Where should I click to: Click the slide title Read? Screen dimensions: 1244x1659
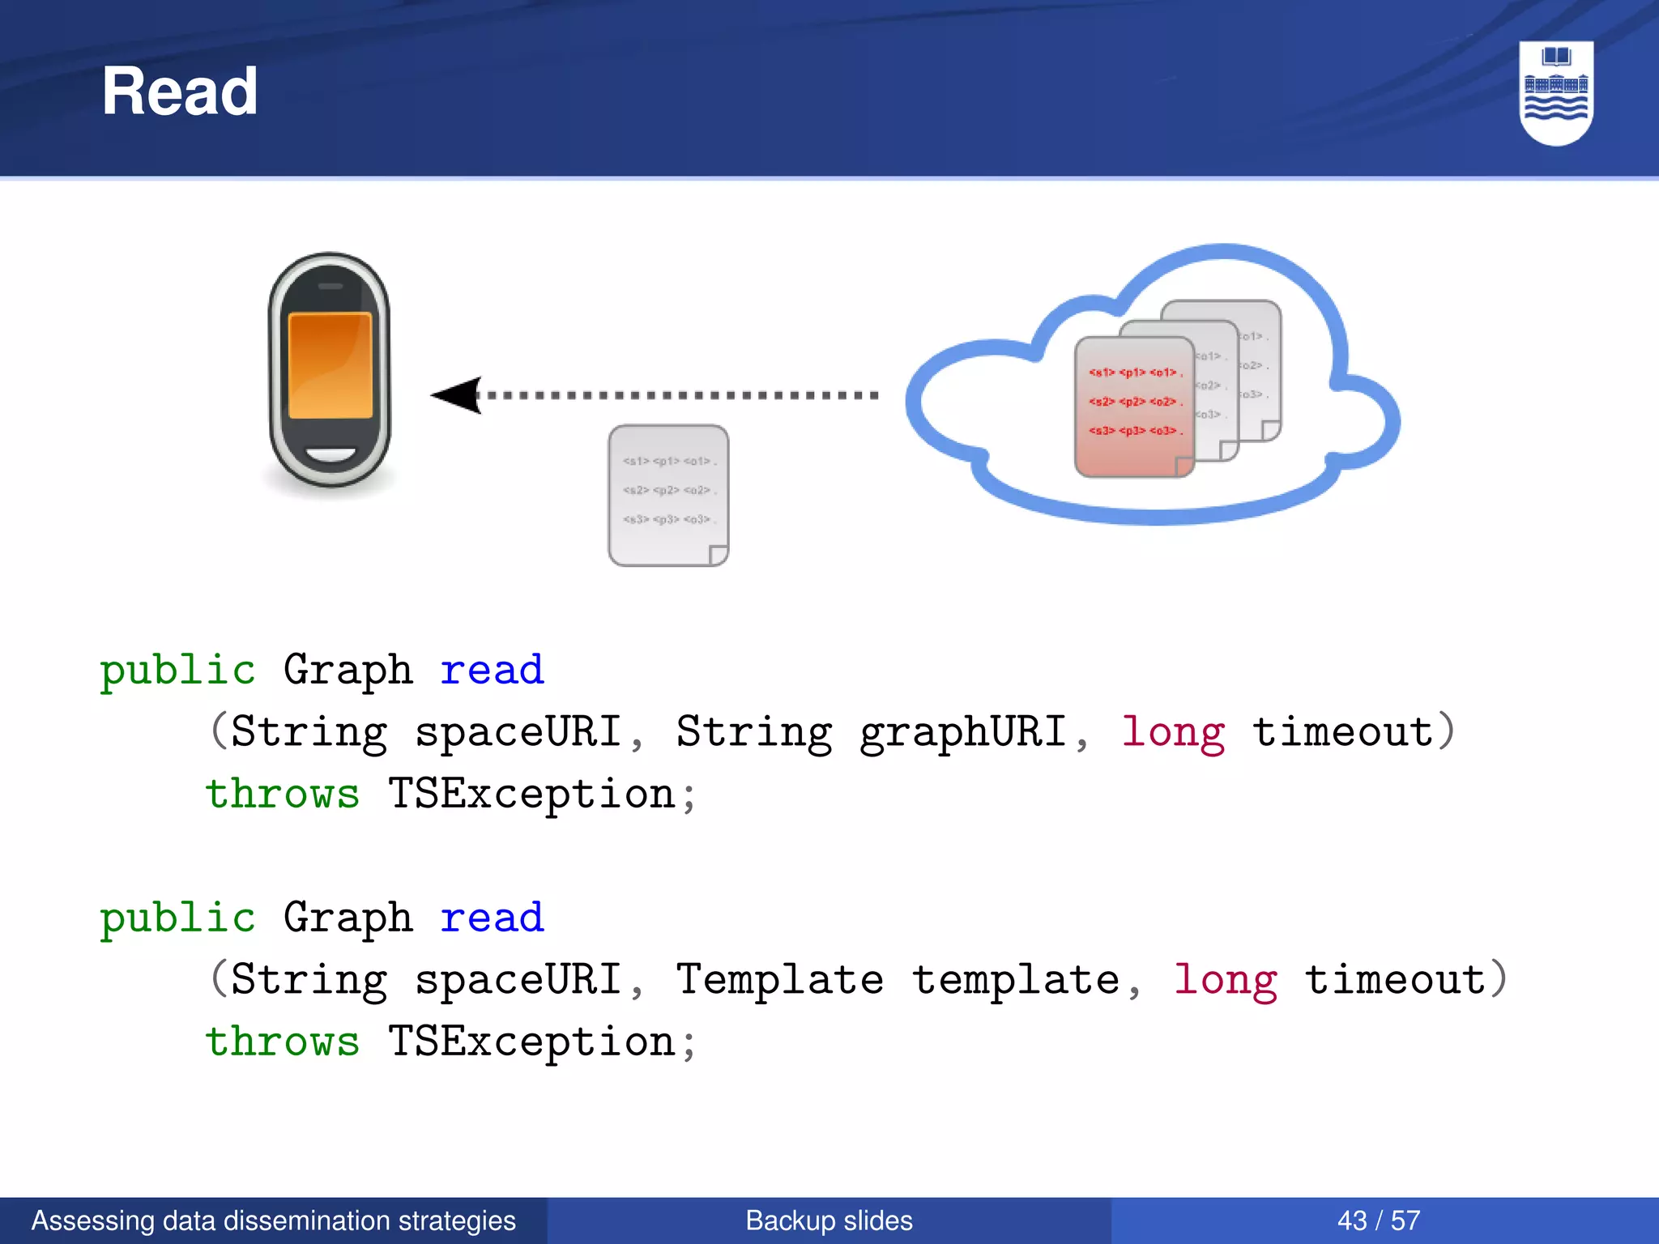coord(179,92)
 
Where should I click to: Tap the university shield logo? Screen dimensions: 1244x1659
coord(1555,92)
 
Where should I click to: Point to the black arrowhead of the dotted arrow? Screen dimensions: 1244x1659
coord(458,395)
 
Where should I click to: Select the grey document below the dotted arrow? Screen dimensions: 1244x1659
coord(668,495)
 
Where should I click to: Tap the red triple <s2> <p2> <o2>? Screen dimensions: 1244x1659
coord(1135,402)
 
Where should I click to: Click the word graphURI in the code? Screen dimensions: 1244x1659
coord(962,732)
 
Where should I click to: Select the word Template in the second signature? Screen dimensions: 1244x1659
coord(779,980)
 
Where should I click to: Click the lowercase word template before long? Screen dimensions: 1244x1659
coord(1016,980)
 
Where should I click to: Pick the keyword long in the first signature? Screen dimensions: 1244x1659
coord(1173,732)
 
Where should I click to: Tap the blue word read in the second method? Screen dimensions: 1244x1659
coord(492,918)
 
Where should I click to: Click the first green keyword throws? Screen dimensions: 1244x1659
coord(282,794)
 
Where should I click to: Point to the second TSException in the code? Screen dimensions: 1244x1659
coord(531,1042)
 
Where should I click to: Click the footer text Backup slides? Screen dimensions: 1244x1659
coord(829,1221)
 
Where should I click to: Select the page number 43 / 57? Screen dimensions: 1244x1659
coord(1379,1221)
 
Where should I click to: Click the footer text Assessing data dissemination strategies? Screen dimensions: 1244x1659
coord(274,1221)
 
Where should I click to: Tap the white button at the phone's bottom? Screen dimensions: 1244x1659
coord(330,455)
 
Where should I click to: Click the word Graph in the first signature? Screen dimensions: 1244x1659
coord(348,671)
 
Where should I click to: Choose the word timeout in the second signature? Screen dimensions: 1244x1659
coord(1395,980)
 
